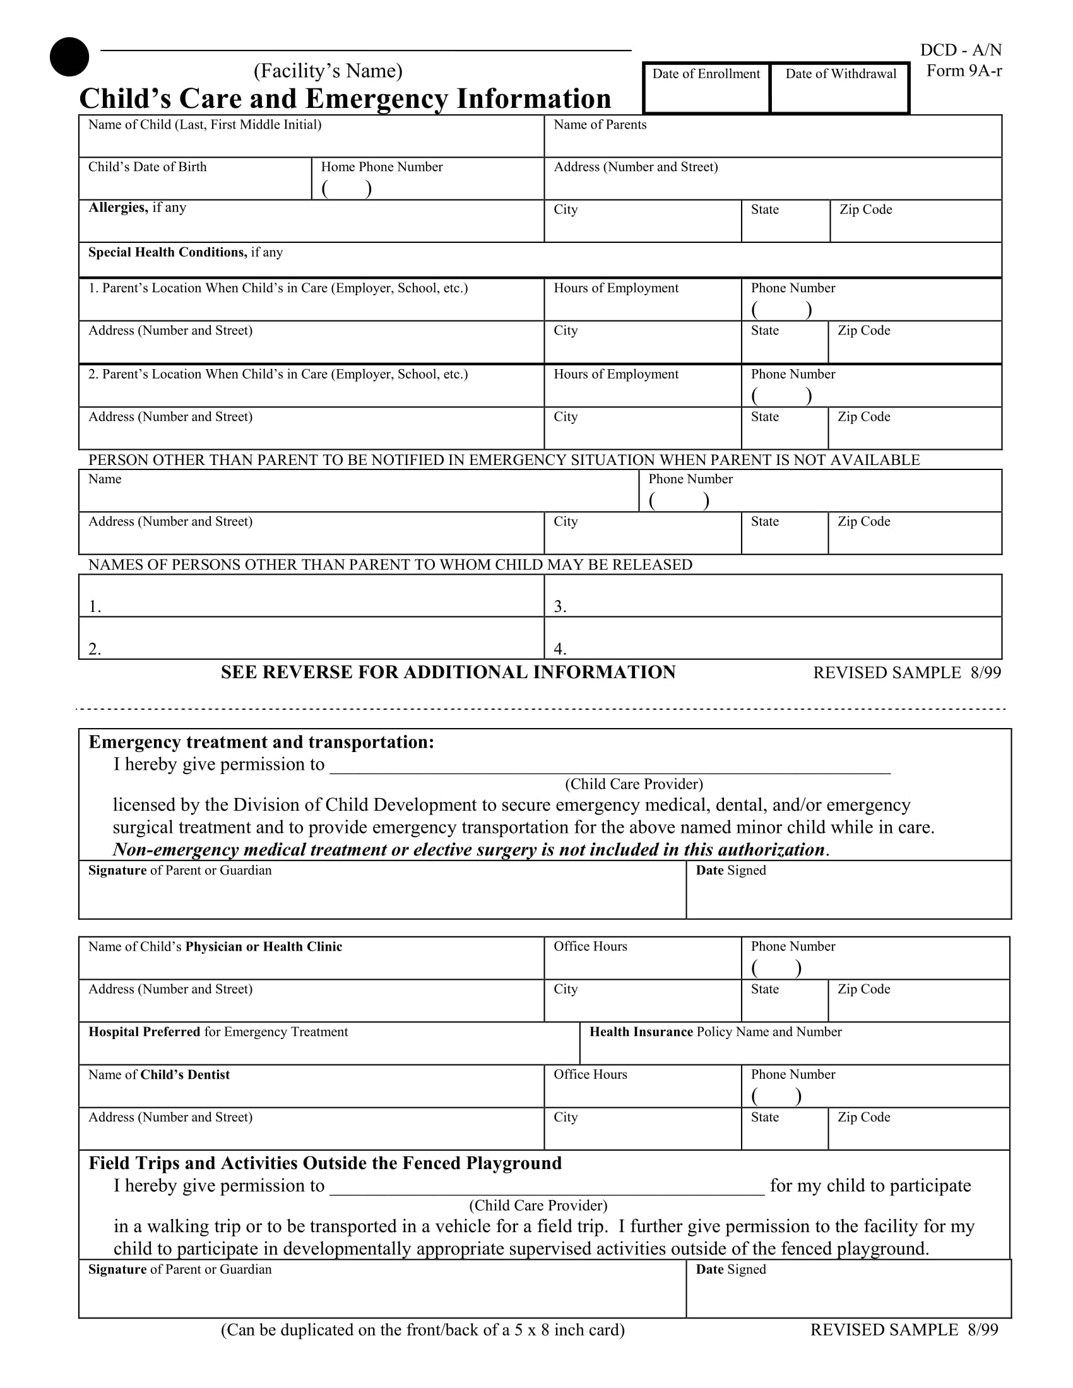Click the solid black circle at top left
point(69,57)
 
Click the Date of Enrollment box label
point(706,74)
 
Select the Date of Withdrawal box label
point(840,74)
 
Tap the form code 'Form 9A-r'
point(964,71)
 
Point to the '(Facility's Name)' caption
point(328,71)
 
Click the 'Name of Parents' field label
point(600,124)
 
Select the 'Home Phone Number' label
point(381,167)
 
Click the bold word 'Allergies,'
point(118,207)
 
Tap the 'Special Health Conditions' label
point(167,252)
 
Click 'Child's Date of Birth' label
point(148,167)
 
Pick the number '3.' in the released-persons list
point(560,607)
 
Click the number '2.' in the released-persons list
point(95,649)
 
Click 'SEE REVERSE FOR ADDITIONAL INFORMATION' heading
point(448,673)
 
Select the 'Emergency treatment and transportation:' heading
point(261,743)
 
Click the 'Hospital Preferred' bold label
point(145,1032)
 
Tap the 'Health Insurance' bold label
point(641,1032)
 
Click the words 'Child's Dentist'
point(185,1074)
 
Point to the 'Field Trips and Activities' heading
point(325,1163)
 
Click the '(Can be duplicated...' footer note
point(423,1330)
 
